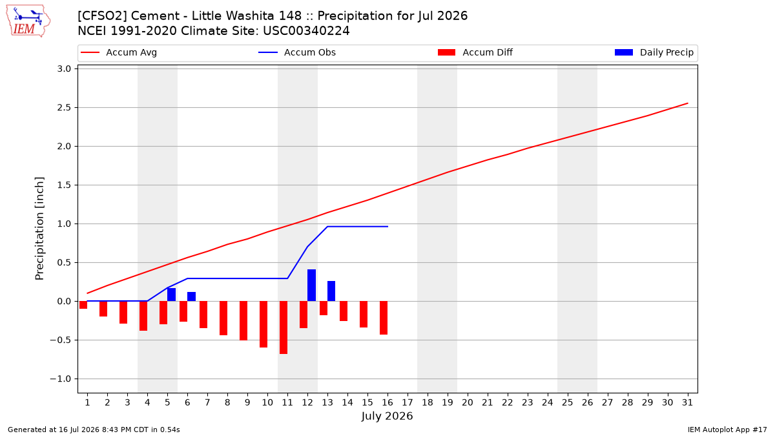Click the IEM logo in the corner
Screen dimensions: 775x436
28,21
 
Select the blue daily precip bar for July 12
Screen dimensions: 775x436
311,285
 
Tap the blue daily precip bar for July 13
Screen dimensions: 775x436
331,291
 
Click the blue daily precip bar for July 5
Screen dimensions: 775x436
171,295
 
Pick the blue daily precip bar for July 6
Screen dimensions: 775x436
191,296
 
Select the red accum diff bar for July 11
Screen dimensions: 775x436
284,327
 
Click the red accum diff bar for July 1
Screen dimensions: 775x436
83,305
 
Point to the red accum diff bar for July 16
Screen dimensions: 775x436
384,318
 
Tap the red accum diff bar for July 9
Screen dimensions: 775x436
243,320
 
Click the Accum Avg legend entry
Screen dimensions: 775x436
119,52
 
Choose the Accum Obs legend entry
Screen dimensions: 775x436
297,52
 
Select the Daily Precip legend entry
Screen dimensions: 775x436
654,52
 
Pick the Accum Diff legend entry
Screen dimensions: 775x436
475,52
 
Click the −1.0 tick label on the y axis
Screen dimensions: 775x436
61,379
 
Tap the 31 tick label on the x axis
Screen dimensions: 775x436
687,402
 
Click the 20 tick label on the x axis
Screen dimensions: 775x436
468,402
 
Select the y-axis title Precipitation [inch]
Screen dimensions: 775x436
39,229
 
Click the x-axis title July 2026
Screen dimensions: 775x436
387,416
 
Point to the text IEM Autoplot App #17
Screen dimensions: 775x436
727,430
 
